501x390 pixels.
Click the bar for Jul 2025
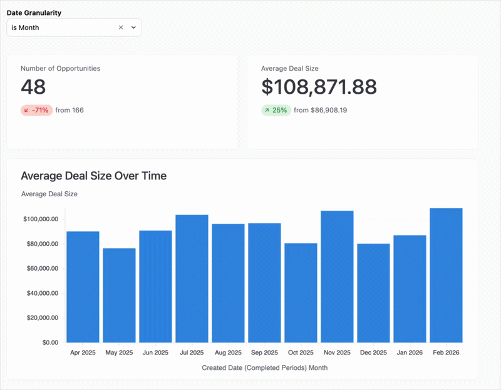coord(192,278)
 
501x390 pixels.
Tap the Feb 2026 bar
coord(446,275)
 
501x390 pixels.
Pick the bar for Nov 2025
coord(337,276)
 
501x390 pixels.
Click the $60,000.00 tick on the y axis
coord(41,268)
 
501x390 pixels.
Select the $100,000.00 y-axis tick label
coord(41,219)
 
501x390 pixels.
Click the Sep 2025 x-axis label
coord(264,353)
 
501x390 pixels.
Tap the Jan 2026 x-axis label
coord(410,353)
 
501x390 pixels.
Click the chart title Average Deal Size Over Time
coord(94,176)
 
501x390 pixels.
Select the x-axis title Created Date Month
coord(264,368)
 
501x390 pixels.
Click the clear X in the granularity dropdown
coord(121,27)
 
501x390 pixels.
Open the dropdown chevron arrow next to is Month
coord(133,27)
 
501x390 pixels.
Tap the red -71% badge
coord(36,110)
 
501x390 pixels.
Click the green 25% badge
coord(276,110)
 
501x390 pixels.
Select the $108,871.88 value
coord(319,86)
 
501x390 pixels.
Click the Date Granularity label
coord(34,12)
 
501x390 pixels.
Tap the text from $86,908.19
coord(321,110)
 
